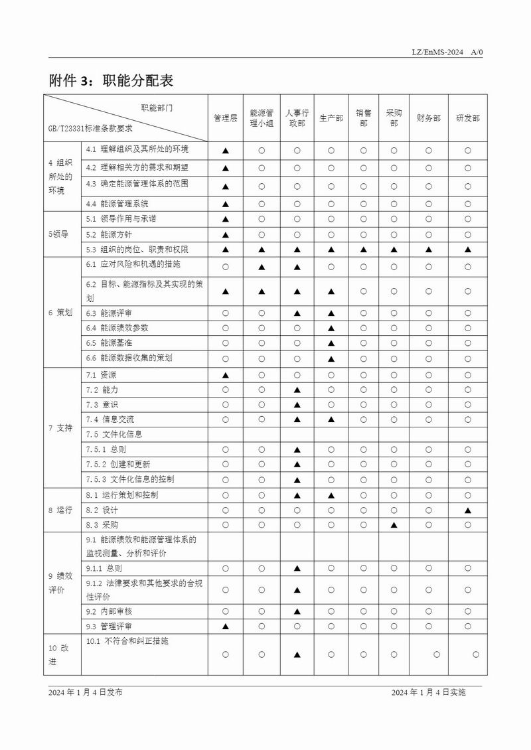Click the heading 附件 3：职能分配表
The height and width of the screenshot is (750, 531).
point(111,80)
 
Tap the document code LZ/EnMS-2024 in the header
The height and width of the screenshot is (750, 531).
point(437,52)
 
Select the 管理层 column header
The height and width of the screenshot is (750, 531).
point(225,118)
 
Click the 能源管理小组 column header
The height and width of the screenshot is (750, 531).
point(262,118)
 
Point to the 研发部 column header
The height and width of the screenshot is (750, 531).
point(467,118)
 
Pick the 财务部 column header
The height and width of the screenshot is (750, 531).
point(428,118)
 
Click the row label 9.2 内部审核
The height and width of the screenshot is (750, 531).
point(110,611)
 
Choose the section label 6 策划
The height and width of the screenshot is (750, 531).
point(60,313)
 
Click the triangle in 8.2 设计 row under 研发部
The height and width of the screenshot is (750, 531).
point(468,510)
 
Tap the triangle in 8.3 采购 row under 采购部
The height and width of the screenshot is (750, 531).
point(394,525)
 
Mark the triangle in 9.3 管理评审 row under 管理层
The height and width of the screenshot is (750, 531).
point(225,626)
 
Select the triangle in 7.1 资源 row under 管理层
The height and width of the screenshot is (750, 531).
point(225,375)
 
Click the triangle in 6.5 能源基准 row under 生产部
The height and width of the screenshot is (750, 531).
point(331,343)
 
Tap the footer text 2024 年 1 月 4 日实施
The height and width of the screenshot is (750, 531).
point(429,692)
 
